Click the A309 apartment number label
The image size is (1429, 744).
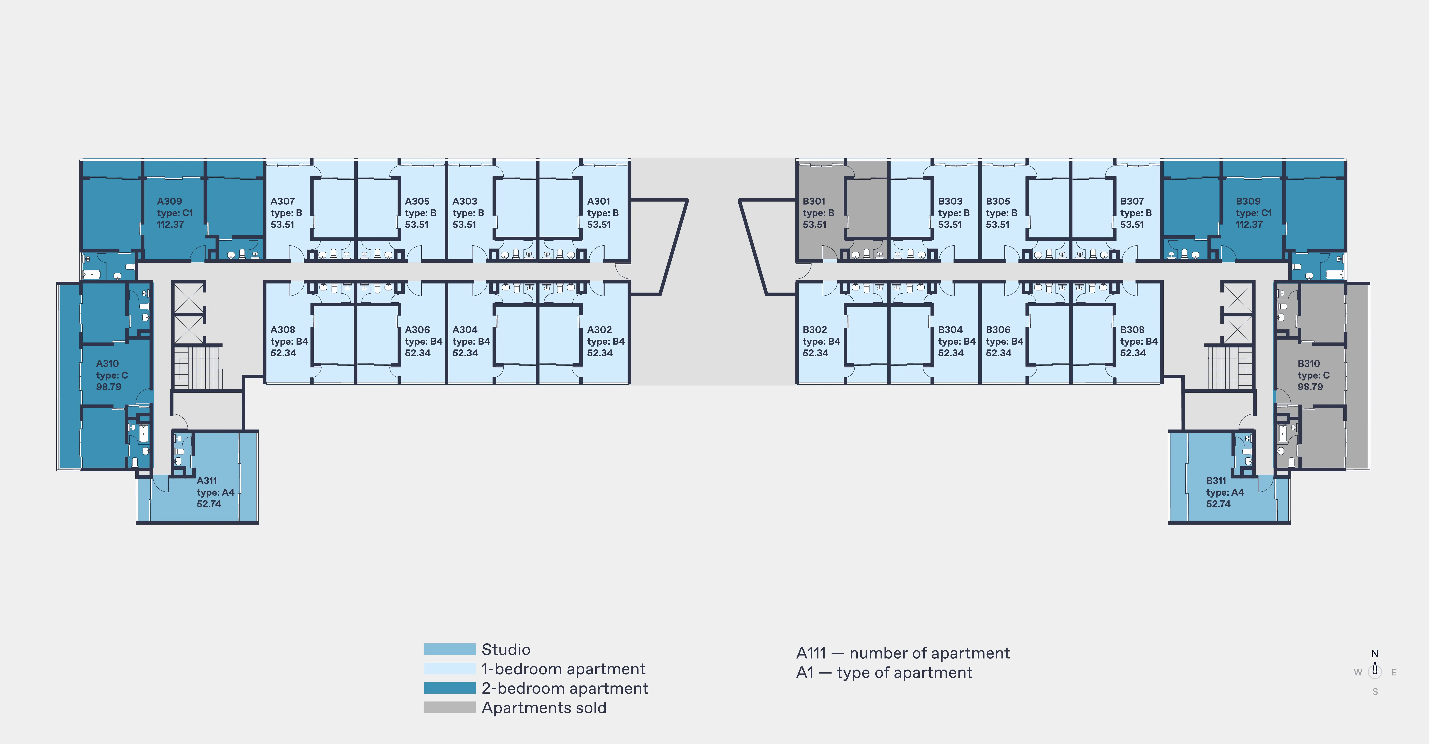(x=169, y=201)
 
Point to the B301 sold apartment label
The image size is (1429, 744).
(x=814, y=201)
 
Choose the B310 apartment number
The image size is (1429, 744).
(x=1309, y=363)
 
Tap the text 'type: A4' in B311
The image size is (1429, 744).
(x=1225, y=492)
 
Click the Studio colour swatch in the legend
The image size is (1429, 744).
(x=449, y=649)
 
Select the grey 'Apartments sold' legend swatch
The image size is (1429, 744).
(x=449, y=707)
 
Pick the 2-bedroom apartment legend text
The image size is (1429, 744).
(x=565, y=689)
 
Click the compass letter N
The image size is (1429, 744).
(x=1375, y=653)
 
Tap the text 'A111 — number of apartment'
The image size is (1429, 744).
(x=903, y=653)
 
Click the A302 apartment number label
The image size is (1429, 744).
(x=599, y=329)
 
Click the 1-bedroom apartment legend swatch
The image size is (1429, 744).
(x=449, y=668)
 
